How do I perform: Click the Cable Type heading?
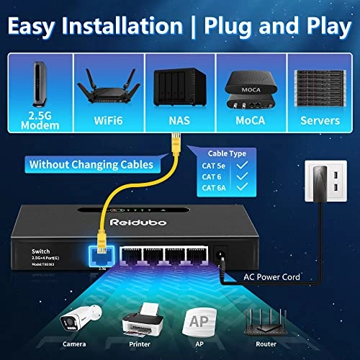[228, 153]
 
